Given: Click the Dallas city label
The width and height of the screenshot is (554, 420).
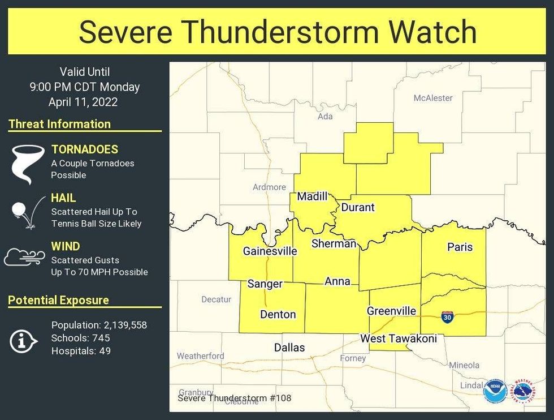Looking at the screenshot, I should point(289,348).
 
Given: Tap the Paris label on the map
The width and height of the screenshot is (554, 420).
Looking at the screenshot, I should point(460,247).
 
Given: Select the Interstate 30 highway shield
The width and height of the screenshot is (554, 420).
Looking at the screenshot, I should point(447,317).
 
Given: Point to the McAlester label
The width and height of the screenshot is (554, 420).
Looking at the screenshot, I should point(433,98).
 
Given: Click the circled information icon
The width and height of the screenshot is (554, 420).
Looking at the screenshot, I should point(23,340).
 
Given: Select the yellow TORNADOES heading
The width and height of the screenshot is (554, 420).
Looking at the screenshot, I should point(85,149).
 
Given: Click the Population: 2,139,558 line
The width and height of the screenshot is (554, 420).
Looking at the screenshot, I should point(99,325).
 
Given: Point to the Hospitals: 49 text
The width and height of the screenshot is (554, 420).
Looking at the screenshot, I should point(81,351).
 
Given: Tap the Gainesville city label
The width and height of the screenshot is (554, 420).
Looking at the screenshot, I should point(270,251).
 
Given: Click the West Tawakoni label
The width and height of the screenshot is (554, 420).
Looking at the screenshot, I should point(399,338).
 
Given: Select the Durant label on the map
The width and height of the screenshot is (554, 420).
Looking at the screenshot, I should point(358,207).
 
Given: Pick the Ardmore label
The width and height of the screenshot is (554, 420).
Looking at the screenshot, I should point(269,187).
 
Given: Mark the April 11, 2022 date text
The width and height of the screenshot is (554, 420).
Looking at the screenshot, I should point(83,102).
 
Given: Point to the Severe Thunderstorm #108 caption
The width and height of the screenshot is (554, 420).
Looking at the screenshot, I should point(235,398).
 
